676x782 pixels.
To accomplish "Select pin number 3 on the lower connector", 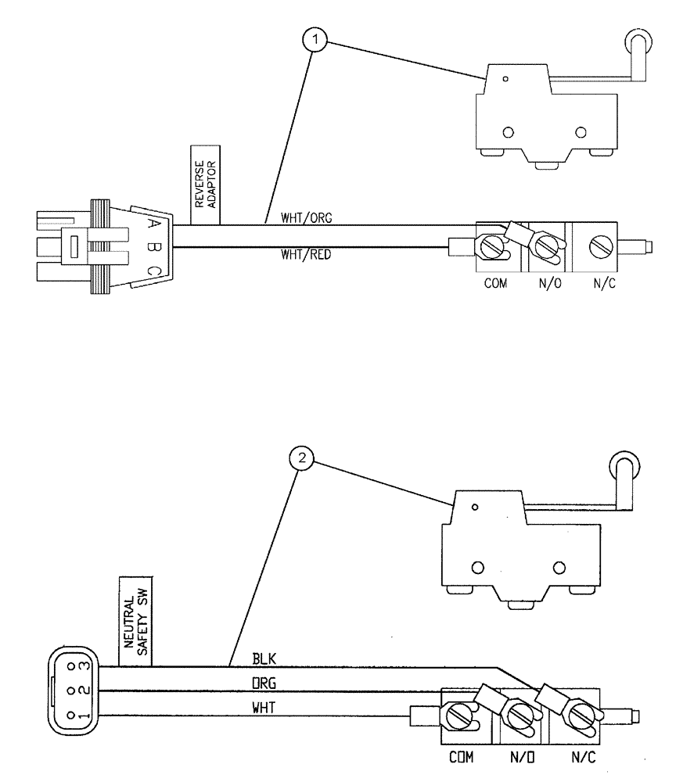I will coord(83,666).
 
